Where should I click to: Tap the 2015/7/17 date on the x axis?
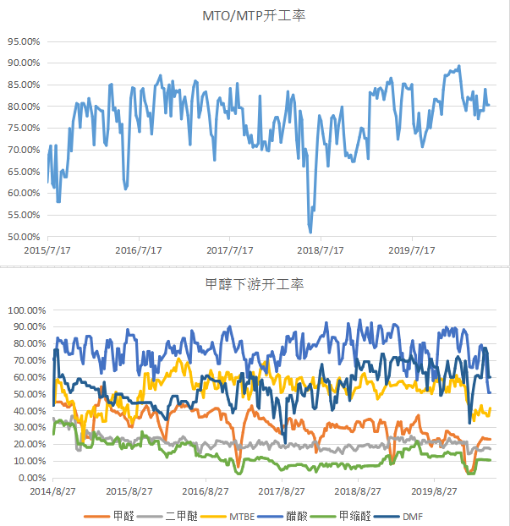point(47,251)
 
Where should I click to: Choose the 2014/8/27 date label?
point(52,491)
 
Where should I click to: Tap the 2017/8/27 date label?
point(282,491)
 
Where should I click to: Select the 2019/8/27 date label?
point(435,491)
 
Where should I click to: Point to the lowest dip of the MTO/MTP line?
point(310,232)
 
